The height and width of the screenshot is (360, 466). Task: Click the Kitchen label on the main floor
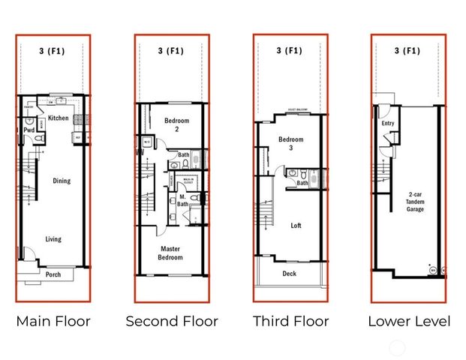click(x=59, y=118)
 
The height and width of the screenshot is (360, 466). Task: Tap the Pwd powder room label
click(x=29, y=130)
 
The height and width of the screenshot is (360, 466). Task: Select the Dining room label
click(x=62, y=180)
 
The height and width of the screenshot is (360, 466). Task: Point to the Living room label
click(x=53, y=239)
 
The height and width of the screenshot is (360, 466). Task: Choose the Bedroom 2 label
click(x=177, y=124)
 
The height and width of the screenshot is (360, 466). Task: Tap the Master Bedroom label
click(x=170, y=253)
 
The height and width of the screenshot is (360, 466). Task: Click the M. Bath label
click(x=182, y=199)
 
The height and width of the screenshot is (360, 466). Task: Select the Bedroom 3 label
click(x=290, y=144)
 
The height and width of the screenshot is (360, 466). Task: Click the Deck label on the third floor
click(x=289, y=274)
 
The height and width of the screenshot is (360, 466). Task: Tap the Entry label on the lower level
click(x=388, y=123)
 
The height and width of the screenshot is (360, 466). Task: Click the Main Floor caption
click(x=53, y=321)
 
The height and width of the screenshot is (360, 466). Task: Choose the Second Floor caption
click(x=172, y=321)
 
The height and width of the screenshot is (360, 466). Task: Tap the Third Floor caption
click(x=290, y=321)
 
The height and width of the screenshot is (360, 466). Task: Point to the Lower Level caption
click(x=409, y=321)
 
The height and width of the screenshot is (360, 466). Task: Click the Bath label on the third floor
click(x=302, y=183)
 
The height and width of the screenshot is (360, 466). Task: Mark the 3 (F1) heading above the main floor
click(x=53, y=51)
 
